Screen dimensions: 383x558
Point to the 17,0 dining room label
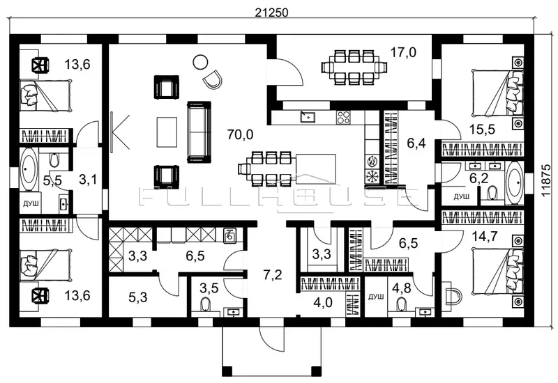403,52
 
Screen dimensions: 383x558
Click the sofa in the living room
199,131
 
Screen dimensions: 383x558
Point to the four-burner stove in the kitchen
343,116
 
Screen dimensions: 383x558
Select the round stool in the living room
200,61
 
